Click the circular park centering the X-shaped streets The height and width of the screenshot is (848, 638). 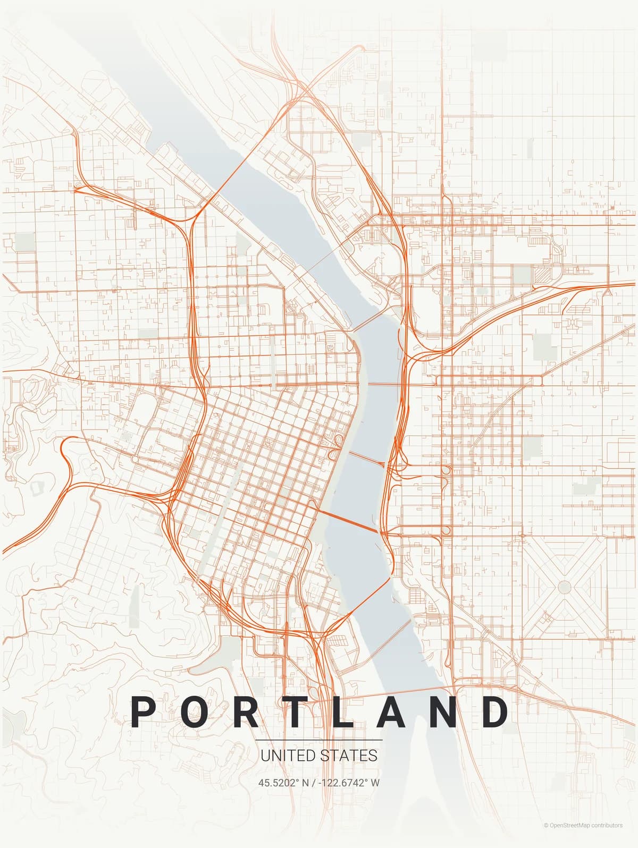[x=565, y=587]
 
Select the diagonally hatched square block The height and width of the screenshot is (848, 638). [x=543, y=275]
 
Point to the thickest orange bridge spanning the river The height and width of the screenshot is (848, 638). [x=348, y=521]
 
